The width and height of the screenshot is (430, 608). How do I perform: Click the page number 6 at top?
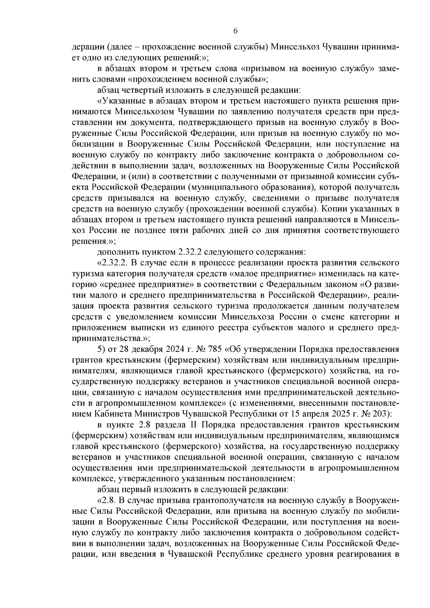235,31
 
